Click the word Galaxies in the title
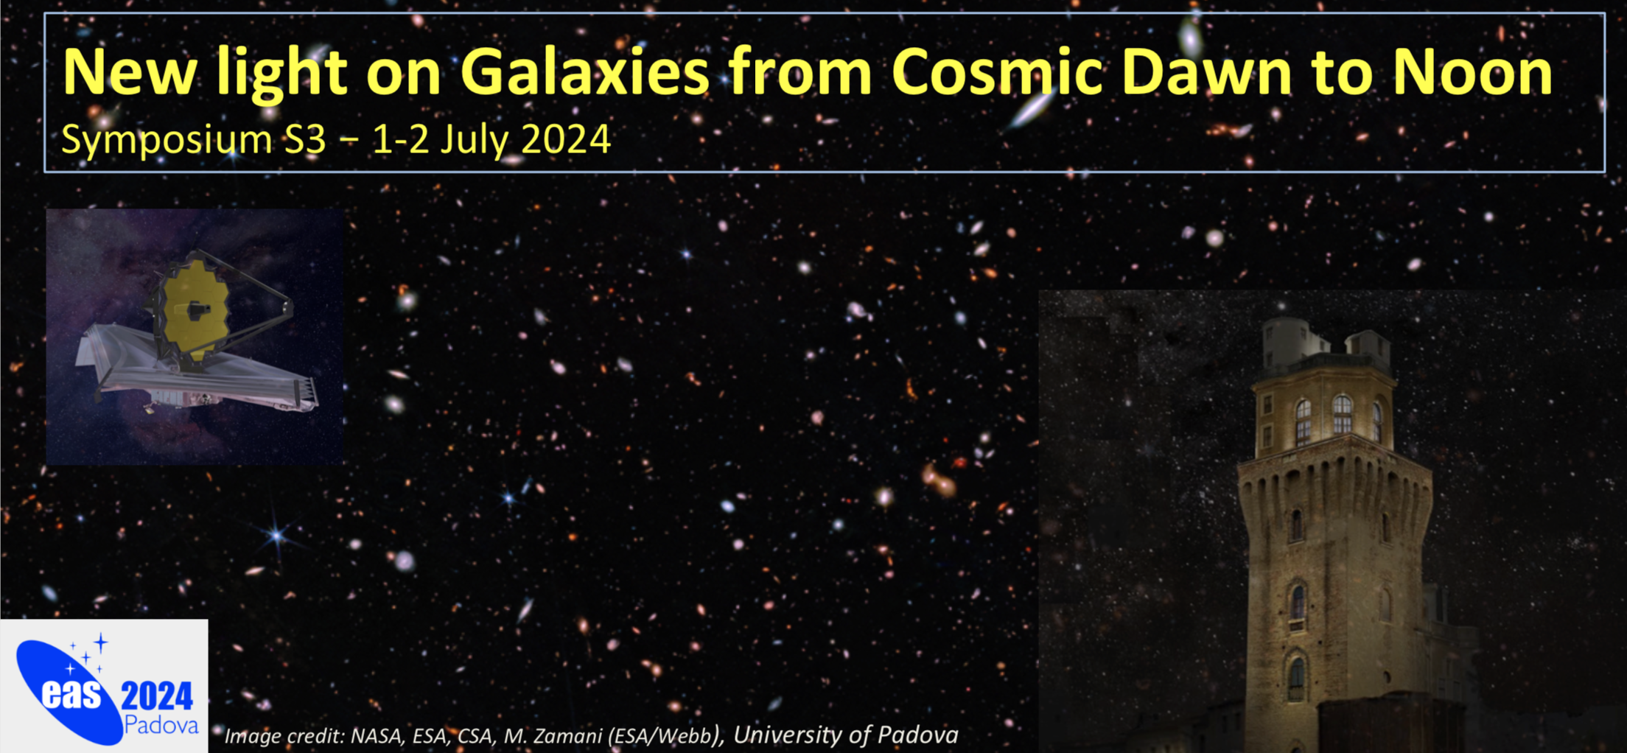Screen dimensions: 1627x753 (x=585, y=71)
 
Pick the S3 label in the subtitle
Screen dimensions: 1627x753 (x=304, y=139)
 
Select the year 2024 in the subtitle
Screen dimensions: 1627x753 (x=565, y=139)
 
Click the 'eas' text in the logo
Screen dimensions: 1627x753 (x=71, y=693)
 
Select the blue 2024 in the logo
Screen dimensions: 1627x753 (x=157, y=696)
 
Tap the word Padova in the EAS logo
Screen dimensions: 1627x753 (x=161, y=725)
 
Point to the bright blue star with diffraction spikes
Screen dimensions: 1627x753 (x=277, y=535)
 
